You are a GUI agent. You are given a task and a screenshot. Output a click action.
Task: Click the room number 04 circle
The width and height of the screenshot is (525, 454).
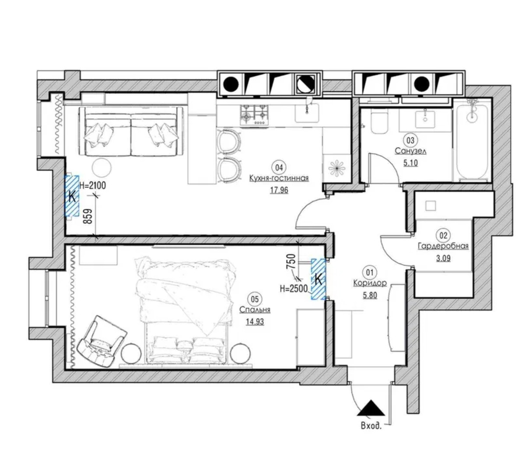(279, 167)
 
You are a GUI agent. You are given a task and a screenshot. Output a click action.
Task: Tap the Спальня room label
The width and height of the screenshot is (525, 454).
(255, 310)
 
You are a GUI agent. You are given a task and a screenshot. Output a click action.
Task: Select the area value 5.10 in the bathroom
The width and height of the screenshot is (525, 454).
(410, 163)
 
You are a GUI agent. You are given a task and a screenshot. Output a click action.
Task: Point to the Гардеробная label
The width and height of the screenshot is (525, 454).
(443, 246)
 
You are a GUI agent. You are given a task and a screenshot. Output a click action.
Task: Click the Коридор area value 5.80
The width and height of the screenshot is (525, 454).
(370, 295)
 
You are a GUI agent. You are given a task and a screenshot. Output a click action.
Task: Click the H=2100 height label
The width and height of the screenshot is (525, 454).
(92, 186)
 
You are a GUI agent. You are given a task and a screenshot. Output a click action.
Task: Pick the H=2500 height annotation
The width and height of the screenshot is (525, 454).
(294, 289)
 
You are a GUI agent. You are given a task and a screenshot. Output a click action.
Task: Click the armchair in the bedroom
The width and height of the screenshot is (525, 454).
(101, 340)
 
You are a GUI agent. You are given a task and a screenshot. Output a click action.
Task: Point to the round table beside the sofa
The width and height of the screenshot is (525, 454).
(101, 167)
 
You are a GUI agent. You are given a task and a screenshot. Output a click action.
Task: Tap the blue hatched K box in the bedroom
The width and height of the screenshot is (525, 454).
(318, 279)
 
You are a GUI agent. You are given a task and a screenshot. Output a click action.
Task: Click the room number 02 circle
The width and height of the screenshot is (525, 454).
(443, 236)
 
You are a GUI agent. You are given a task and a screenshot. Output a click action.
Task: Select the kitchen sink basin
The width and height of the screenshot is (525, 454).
(307, 113)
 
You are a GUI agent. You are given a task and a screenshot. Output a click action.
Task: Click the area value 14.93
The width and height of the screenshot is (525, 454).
(255, 322)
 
